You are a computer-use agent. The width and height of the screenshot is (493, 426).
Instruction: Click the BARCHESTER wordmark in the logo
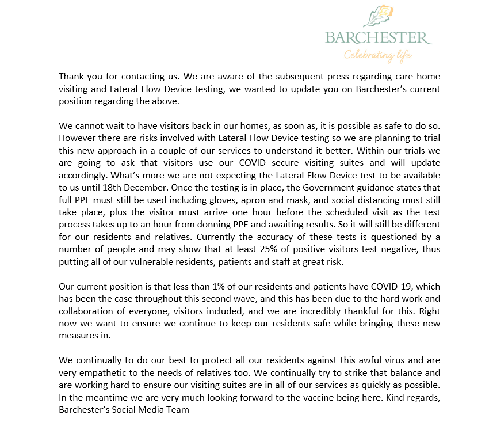click(x=378, y=39)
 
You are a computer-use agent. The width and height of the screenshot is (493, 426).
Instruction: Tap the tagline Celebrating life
click(x=378, y=55)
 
